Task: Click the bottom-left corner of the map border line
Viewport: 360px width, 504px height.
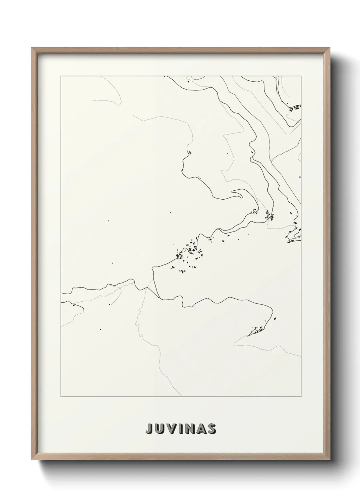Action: (61, 397)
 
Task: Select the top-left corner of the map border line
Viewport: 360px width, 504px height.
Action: (61, 76)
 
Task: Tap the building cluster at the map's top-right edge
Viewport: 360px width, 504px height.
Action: (295, 108)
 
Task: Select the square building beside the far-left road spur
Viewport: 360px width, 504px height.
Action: (73, 305)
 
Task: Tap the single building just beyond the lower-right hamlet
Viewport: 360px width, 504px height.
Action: (275, 319)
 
